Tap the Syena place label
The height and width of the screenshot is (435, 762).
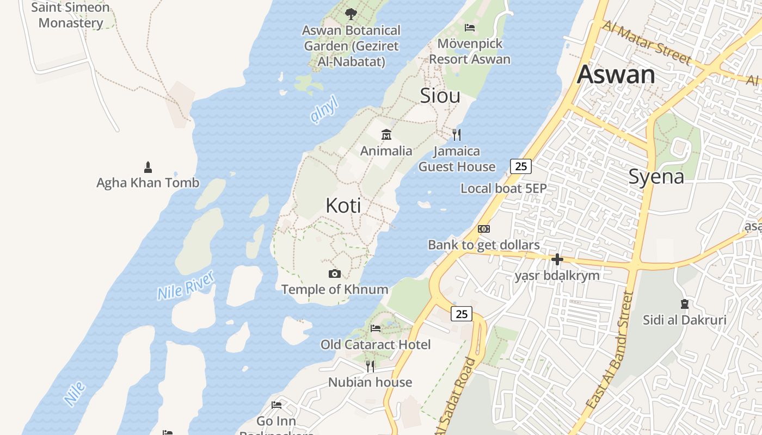coord(656,176)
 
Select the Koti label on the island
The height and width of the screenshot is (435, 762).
coord(343,206)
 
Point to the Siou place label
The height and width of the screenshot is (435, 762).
coord(440,96)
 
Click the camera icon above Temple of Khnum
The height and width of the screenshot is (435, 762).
coord(335,274)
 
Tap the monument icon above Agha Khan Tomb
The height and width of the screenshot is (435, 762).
coord(148,166)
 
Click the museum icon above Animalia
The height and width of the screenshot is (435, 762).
coord(386,134)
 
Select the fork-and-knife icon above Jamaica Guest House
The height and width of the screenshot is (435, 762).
coord(457,134)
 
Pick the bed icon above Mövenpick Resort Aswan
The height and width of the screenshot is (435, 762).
coord(470,27)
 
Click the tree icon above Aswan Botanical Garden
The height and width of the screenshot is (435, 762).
coord(351,14)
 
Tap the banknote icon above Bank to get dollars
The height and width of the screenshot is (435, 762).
coord(483,229)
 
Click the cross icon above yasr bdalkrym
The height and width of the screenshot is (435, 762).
coord(557,259)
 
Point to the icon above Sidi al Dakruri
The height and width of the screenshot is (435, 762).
coord(684,303)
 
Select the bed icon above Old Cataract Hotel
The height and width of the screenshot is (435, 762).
coord(376,328)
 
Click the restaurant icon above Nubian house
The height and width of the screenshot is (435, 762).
coord(370,366)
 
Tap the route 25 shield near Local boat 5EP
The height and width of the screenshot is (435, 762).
coord(521,166)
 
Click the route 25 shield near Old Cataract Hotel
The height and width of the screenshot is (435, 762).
coord(462,314)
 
